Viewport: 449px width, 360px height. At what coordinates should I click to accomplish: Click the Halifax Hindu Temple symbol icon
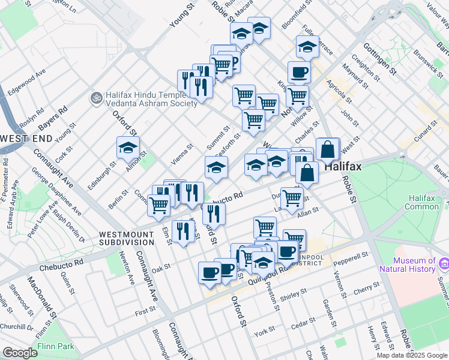point(95,96)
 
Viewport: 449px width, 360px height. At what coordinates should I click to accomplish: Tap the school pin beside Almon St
point(128,147)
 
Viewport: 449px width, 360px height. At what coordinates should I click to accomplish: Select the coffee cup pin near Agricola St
point(298,73)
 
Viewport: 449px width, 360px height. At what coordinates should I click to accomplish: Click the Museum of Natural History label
point(414,265)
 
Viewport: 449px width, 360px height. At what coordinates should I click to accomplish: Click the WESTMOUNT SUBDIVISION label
point(127,238)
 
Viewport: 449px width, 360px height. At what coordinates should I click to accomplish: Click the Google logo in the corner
point(20,352)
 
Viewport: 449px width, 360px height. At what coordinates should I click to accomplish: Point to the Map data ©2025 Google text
point(412,355)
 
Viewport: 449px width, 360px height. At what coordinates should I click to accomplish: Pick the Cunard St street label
point(427,130)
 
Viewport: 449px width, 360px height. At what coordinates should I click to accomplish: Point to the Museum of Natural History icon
point(444,263)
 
